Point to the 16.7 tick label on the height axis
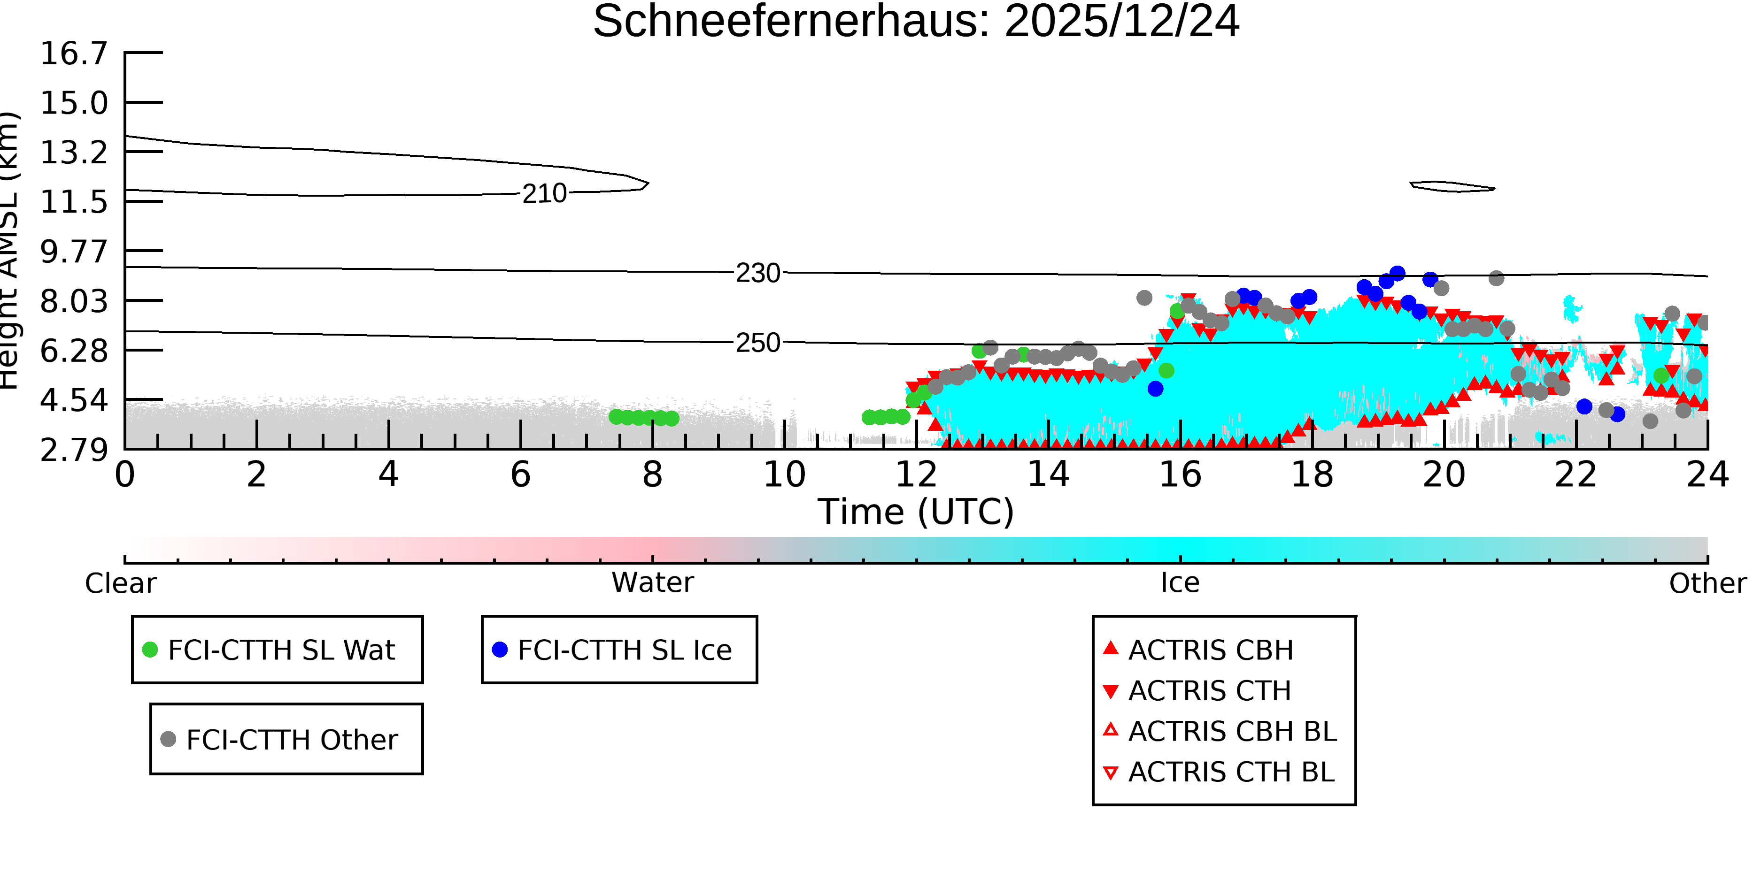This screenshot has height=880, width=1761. click(74, 54)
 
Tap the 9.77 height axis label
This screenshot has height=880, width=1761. click(74, 252)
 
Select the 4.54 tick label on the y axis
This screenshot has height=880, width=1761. click(74, 400)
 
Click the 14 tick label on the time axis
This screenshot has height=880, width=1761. click(1048, 474)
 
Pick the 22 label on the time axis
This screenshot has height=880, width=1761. click(1576, 474)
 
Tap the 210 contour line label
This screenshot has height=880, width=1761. click(544, 194)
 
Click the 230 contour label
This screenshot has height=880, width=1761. click(757, 273)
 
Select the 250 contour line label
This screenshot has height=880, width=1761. click(757, 343)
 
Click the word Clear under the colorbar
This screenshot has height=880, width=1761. click(120, 583)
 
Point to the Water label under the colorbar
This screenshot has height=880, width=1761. click(652, 583)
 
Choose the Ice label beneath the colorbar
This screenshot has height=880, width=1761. click(1180, 583)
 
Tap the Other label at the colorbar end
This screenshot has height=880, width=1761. click(1707, 583)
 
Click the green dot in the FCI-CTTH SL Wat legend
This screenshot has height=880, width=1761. click(150, 650)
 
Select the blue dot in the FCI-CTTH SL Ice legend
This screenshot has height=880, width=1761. click(500, 650)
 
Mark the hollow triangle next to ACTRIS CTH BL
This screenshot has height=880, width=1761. click(1111, 773)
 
